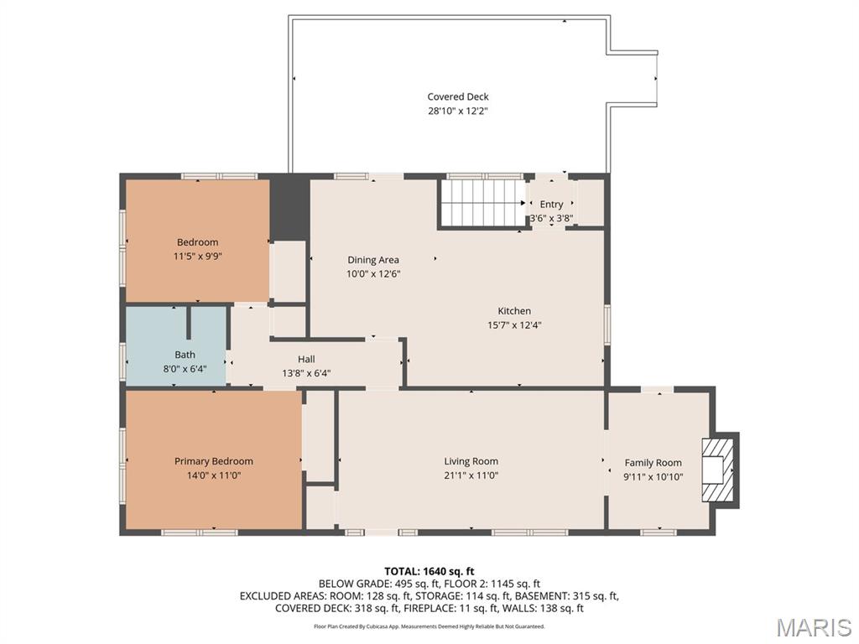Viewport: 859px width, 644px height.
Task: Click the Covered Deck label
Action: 458,97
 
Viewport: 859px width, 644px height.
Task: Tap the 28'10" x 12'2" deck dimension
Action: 458,112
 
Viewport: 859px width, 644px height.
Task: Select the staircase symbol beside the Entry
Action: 482,203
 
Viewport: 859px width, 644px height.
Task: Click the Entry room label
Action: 551,205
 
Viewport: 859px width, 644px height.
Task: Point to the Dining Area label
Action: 373,260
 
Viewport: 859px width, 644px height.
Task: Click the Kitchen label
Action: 514,311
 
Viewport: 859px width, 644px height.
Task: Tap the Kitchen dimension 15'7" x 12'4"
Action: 514,325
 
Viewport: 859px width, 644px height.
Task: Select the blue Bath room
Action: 176,345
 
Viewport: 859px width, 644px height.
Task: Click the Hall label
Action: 306,359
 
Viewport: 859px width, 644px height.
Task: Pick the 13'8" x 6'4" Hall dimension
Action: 306,373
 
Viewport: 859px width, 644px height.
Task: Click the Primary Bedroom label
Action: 214,462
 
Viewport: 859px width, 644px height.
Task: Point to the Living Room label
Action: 471,462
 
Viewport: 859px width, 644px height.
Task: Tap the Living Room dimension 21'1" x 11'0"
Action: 471,476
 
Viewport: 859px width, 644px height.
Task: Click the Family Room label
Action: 653,463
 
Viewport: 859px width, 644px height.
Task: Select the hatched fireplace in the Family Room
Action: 719,470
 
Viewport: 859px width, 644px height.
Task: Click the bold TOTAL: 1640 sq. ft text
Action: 429,572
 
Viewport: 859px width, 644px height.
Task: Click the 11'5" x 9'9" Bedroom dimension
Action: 197,257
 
